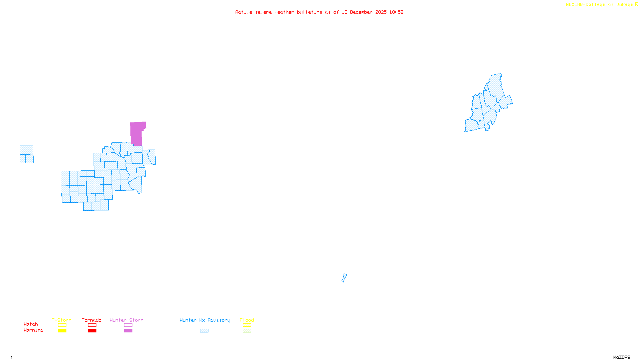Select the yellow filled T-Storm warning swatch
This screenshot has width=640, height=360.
click(62, 331)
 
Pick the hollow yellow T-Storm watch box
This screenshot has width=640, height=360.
click(62, 325)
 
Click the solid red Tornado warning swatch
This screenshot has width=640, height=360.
click(92, 331)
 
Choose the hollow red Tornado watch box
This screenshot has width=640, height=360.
click(92, 325)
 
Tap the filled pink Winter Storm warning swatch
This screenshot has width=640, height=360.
click(128, 331)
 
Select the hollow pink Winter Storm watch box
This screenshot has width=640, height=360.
click(128, 325)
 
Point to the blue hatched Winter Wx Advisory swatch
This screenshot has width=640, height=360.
click(204, 331)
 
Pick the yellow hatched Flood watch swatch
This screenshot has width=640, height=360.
click(247, 325)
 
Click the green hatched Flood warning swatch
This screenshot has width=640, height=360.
click(247, 331)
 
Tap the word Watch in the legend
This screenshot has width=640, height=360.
click(31, 324)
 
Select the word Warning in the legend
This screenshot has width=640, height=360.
click(33, 330)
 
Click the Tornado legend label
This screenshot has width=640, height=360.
click(92, 320)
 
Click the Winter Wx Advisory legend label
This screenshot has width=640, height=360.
click(205, 320)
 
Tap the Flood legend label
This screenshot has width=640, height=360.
click(247, 320)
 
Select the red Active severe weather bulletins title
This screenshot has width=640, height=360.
click(319, 12)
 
